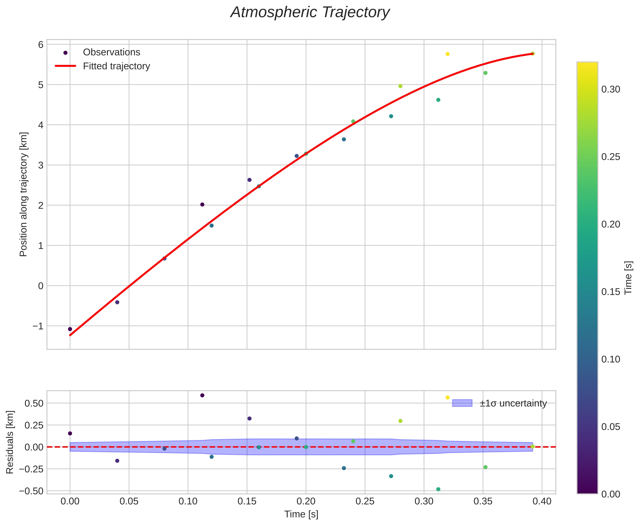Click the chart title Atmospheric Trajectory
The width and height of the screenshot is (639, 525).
(310, 13)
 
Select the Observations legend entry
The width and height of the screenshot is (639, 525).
(111, 52)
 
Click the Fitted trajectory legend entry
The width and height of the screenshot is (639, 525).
(116, 66)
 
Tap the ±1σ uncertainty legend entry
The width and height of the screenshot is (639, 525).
(513, 403)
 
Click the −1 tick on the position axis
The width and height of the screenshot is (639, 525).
(38, 326)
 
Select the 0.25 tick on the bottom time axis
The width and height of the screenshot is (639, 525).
(365, 502)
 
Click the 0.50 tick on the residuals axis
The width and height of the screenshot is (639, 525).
(34, 403)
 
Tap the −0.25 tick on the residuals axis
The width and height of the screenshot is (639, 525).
(32, 469)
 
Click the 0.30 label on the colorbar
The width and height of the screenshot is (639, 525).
(610, 90)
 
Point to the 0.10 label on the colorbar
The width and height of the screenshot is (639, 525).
(610, 359)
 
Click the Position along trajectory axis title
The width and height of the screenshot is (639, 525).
(24, 194)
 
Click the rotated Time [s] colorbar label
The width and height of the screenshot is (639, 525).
(629, 278)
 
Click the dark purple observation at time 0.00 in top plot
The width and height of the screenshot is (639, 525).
(70, 329)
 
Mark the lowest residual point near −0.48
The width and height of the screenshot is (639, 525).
(438, 489)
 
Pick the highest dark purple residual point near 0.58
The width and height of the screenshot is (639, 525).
(202, 395)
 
